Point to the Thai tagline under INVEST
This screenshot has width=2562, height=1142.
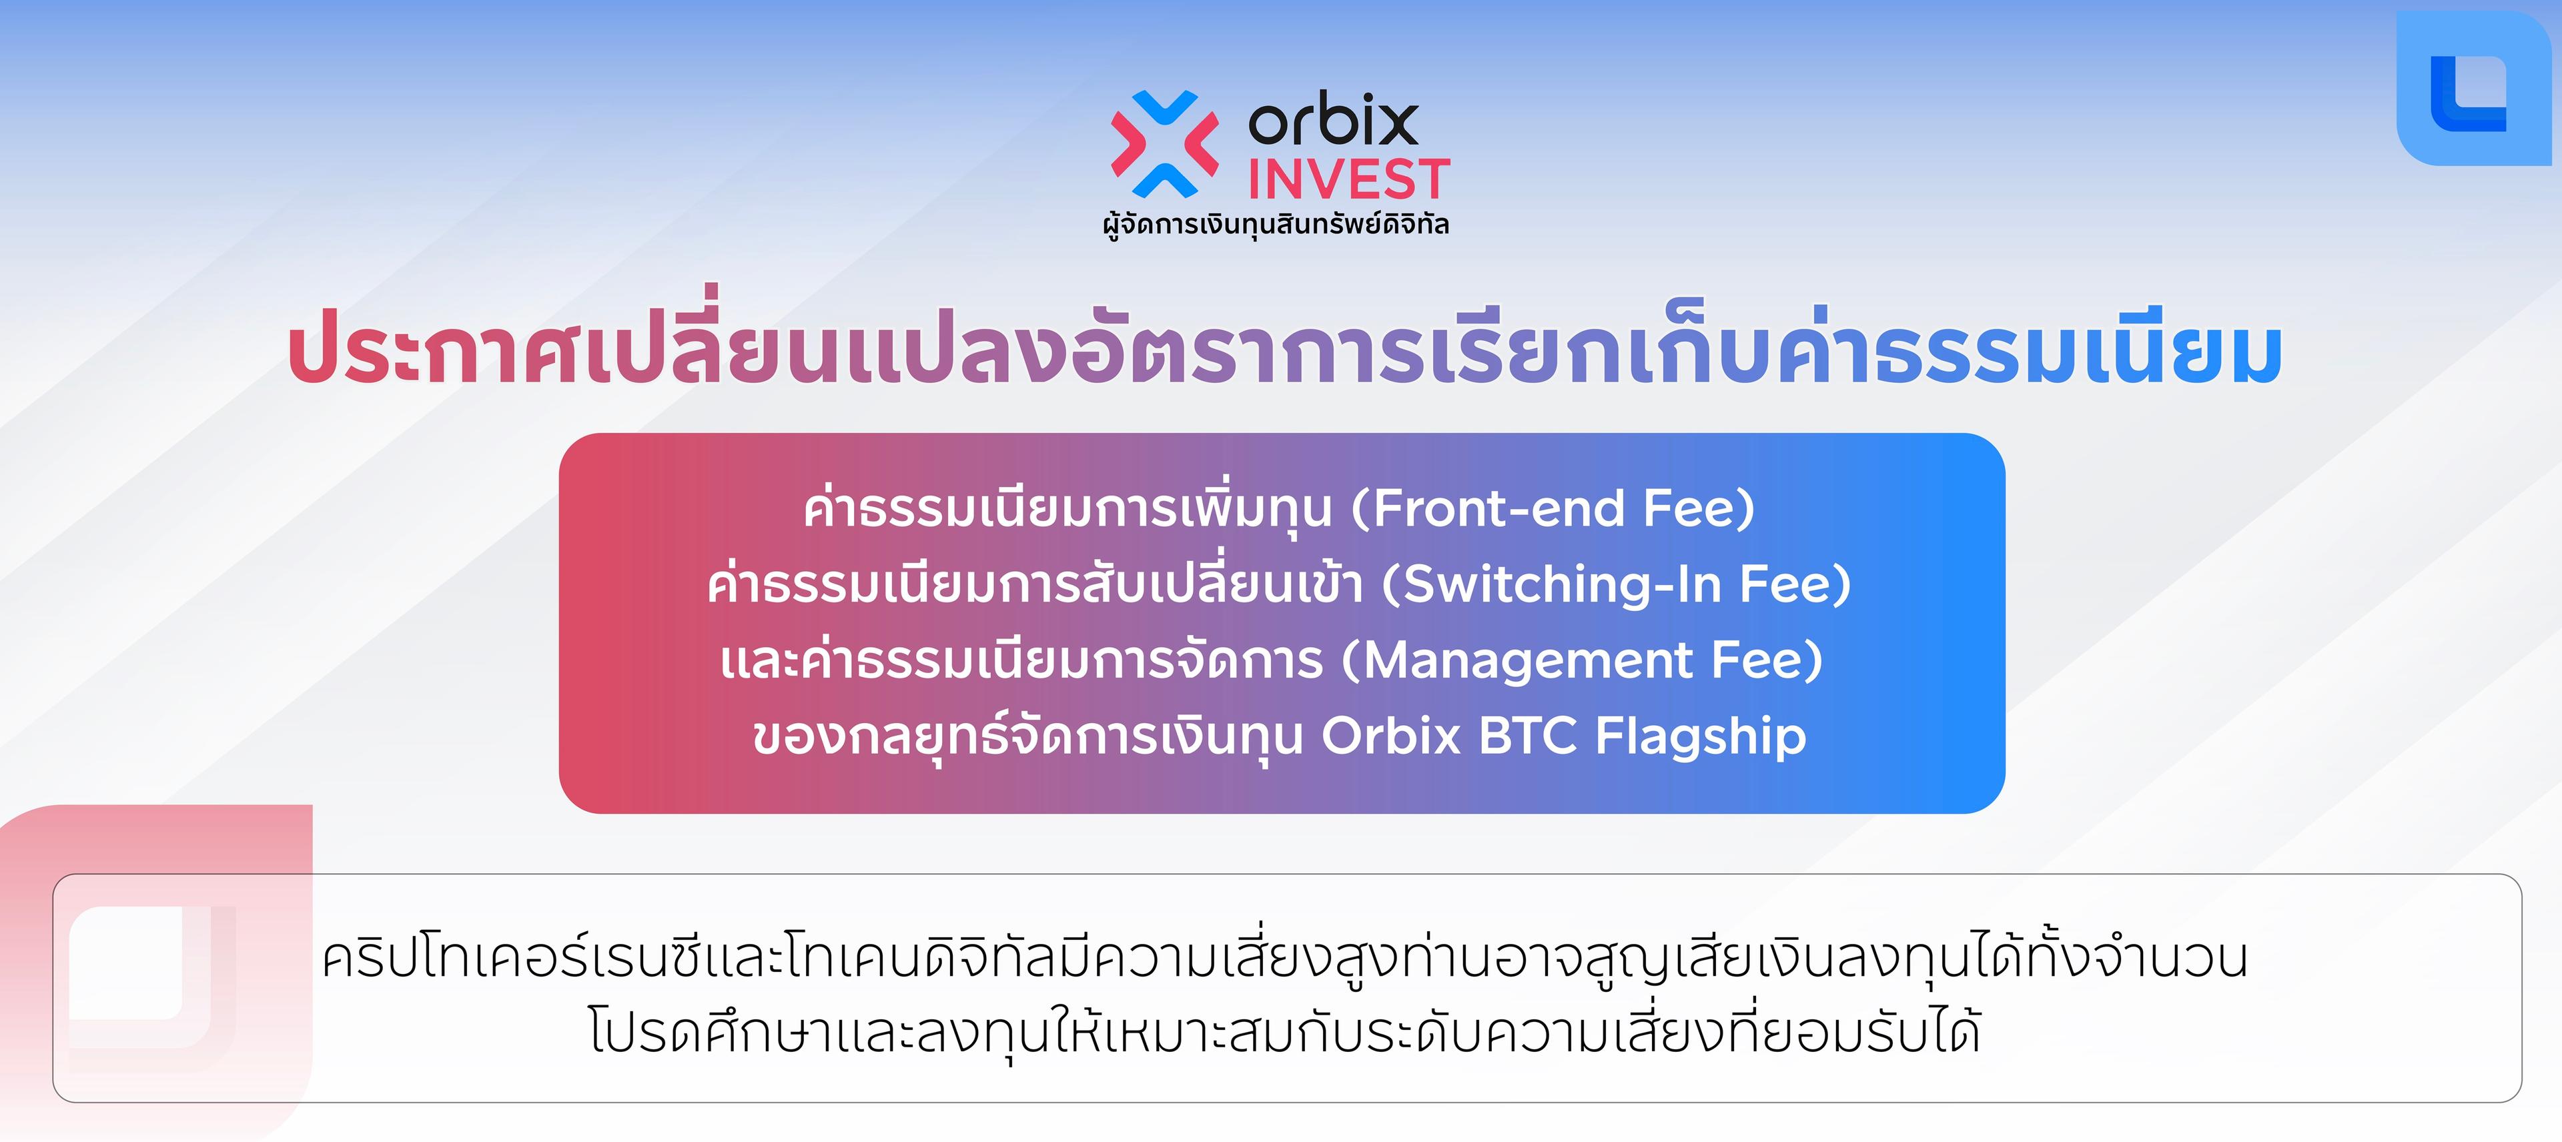1276,225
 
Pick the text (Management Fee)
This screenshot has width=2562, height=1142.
1583,660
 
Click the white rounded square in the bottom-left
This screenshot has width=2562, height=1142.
139,977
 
